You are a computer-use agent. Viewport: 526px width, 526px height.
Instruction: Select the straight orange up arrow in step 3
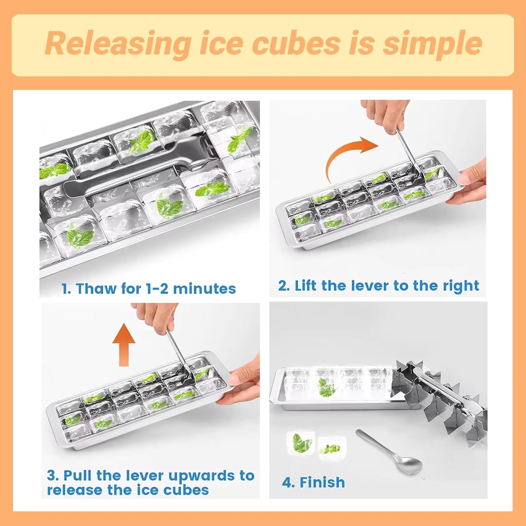pyautogui.click(x=124, y=344)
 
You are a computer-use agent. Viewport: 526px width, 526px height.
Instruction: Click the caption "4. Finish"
pyautogui.click(x=313, y=482)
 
